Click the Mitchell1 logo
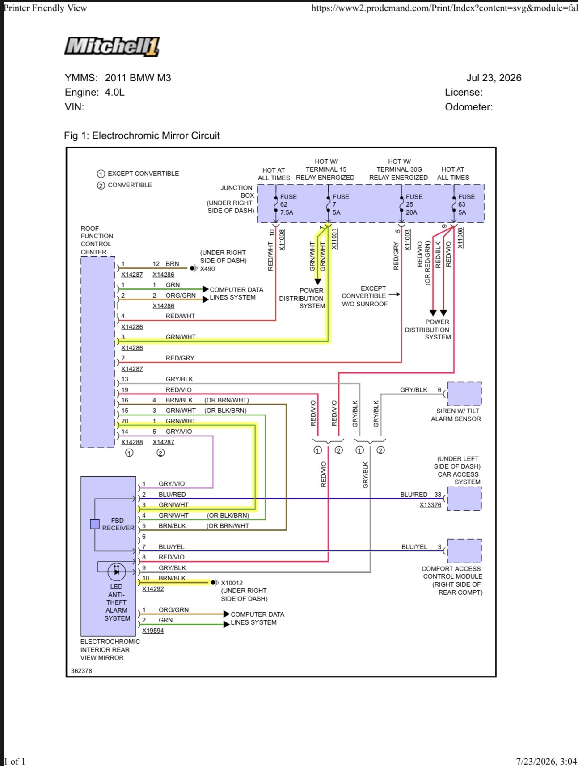tap(112, 47)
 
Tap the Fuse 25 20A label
tap(414, 204)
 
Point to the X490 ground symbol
tap(194, 268)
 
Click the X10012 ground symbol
tap(215, 583)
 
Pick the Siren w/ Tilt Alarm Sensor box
tap(464, 394)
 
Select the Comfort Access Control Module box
tap(464, 551)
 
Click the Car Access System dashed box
tap(464, 499)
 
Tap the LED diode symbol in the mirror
tap(117, 571)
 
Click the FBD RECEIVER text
tap(118, 524)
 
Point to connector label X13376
tap(430, 505)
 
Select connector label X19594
tap(153, 631)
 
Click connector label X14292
tap(153, 589)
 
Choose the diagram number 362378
tap(81, 671)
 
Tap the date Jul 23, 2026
tap(494, 78)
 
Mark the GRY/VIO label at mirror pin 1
tap(172, 484)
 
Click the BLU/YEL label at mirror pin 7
tap(172, 547)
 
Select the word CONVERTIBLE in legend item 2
tap(130, 185)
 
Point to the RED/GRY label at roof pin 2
tap(180, 358)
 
